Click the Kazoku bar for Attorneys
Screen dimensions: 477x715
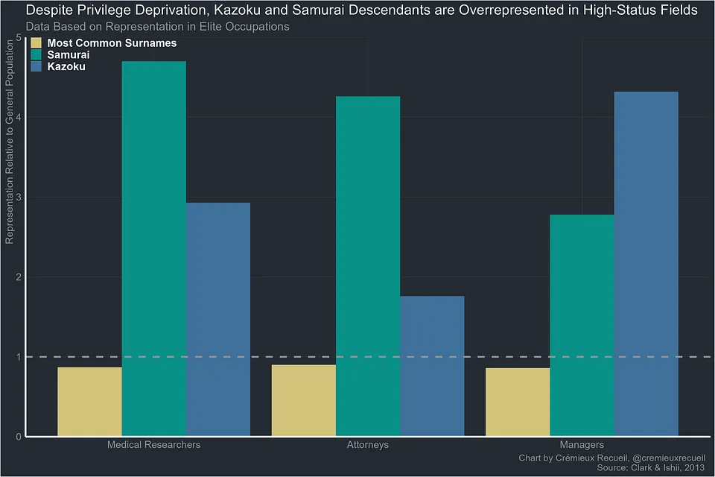[432, 365]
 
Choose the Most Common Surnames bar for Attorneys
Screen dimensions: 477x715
[303, 400]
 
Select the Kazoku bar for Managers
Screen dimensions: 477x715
[646, 264]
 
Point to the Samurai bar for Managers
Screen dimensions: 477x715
[582, 325]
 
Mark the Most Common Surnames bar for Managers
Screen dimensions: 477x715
[518, 402]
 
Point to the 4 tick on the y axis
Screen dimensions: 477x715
[18, 117]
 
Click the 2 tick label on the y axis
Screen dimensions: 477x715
[18, 277]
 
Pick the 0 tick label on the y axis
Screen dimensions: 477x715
[18, 437]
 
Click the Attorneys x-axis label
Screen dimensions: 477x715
[367, 445]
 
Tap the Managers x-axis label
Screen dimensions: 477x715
[582, 445]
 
